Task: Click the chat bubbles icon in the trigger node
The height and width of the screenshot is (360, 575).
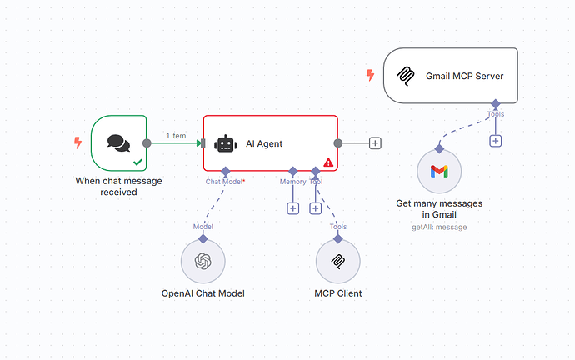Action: point(118,142)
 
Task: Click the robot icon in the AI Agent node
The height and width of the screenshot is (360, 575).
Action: point(225,143)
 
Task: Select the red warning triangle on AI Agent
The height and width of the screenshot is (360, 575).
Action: point(328,162)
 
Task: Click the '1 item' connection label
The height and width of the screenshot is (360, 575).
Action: point(176,135)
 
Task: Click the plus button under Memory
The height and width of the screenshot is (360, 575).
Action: point(292,208)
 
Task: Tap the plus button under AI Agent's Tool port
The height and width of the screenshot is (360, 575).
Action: point(315,208)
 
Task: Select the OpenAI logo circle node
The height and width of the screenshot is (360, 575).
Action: point(202,262)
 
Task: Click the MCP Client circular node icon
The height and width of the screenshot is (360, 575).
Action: point(337,262)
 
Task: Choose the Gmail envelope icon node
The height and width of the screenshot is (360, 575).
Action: point(439,172)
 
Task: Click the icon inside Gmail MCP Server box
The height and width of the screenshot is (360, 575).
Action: point(407,76)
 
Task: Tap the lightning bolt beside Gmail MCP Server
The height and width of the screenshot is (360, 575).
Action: point(370,76)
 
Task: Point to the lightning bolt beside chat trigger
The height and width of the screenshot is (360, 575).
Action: point(77,142)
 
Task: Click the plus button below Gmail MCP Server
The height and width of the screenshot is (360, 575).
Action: point(496,140)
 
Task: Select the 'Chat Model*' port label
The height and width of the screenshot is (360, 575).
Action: point(225,181)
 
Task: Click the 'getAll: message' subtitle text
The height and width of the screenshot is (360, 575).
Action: point(439,227)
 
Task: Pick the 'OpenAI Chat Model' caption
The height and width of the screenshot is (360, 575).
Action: point(202,293)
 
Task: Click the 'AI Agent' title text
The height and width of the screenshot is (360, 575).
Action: point(264,143)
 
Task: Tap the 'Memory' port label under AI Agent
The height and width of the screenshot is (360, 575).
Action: point(292,181)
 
